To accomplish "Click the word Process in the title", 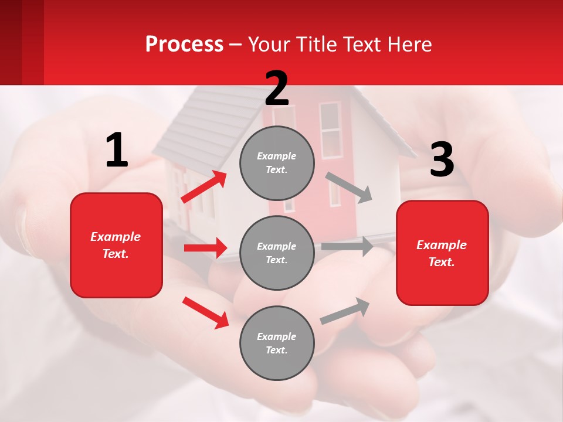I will click(184, 45).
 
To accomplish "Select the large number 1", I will click(117, 150).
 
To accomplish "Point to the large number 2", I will click(277, 88).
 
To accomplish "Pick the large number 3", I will click(442, 159).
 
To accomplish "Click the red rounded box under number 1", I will click(116, 245).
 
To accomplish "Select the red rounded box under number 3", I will click(442, 253).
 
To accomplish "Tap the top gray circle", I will click(277, 163).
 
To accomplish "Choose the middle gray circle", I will click(277, 253).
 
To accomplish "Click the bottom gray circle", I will click(277, 343).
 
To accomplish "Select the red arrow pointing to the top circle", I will click(204, 187).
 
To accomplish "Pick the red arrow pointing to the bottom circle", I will click(205, 312).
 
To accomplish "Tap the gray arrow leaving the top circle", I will click(349, 187).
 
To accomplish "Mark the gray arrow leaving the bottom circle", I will click(345, 311).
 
